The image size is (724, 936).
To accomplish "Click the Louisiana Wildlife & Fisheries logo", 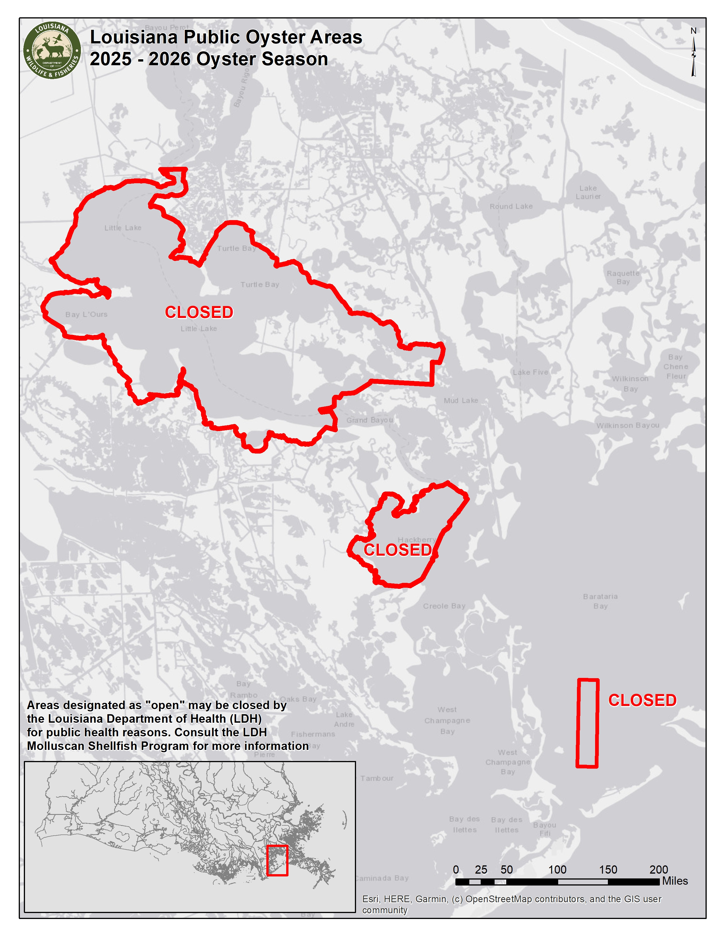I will tap(52, 50).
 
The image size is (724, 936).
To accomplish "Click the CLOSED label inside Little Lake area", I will tap(199, 313).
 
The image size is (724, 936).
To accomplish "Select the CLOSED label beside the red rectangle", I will tap(642, 700).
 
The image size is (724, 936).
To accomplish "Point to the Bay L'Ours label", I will tap(86, 314).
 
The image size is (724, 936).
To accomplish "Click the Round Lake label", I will tap(511, 206).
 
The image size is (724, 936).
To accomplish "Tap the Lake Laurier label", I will tap(588, 192).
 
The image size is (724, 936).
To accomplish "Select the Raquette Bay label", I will tap(623, 277).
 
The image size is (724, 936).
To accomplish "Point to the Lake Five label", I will tap(530, 372).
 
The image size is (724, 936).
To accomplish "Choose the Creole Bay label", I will tap(444, 606).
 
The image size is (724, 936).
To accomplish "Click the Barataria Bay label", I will tap(600, 601).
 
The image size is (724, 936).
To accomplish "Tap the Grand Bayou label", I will tap(369, 420).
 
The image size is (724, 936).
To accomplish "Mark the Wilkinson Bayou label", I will tap(627, 425).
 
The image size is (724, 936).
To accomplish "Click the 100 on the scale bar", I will tap(557, 870).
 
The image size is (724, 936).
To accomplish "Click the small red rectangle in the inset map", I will tap(277, 860).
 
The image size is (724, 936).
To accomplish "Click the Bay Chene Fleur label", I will tap(675, 366).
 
